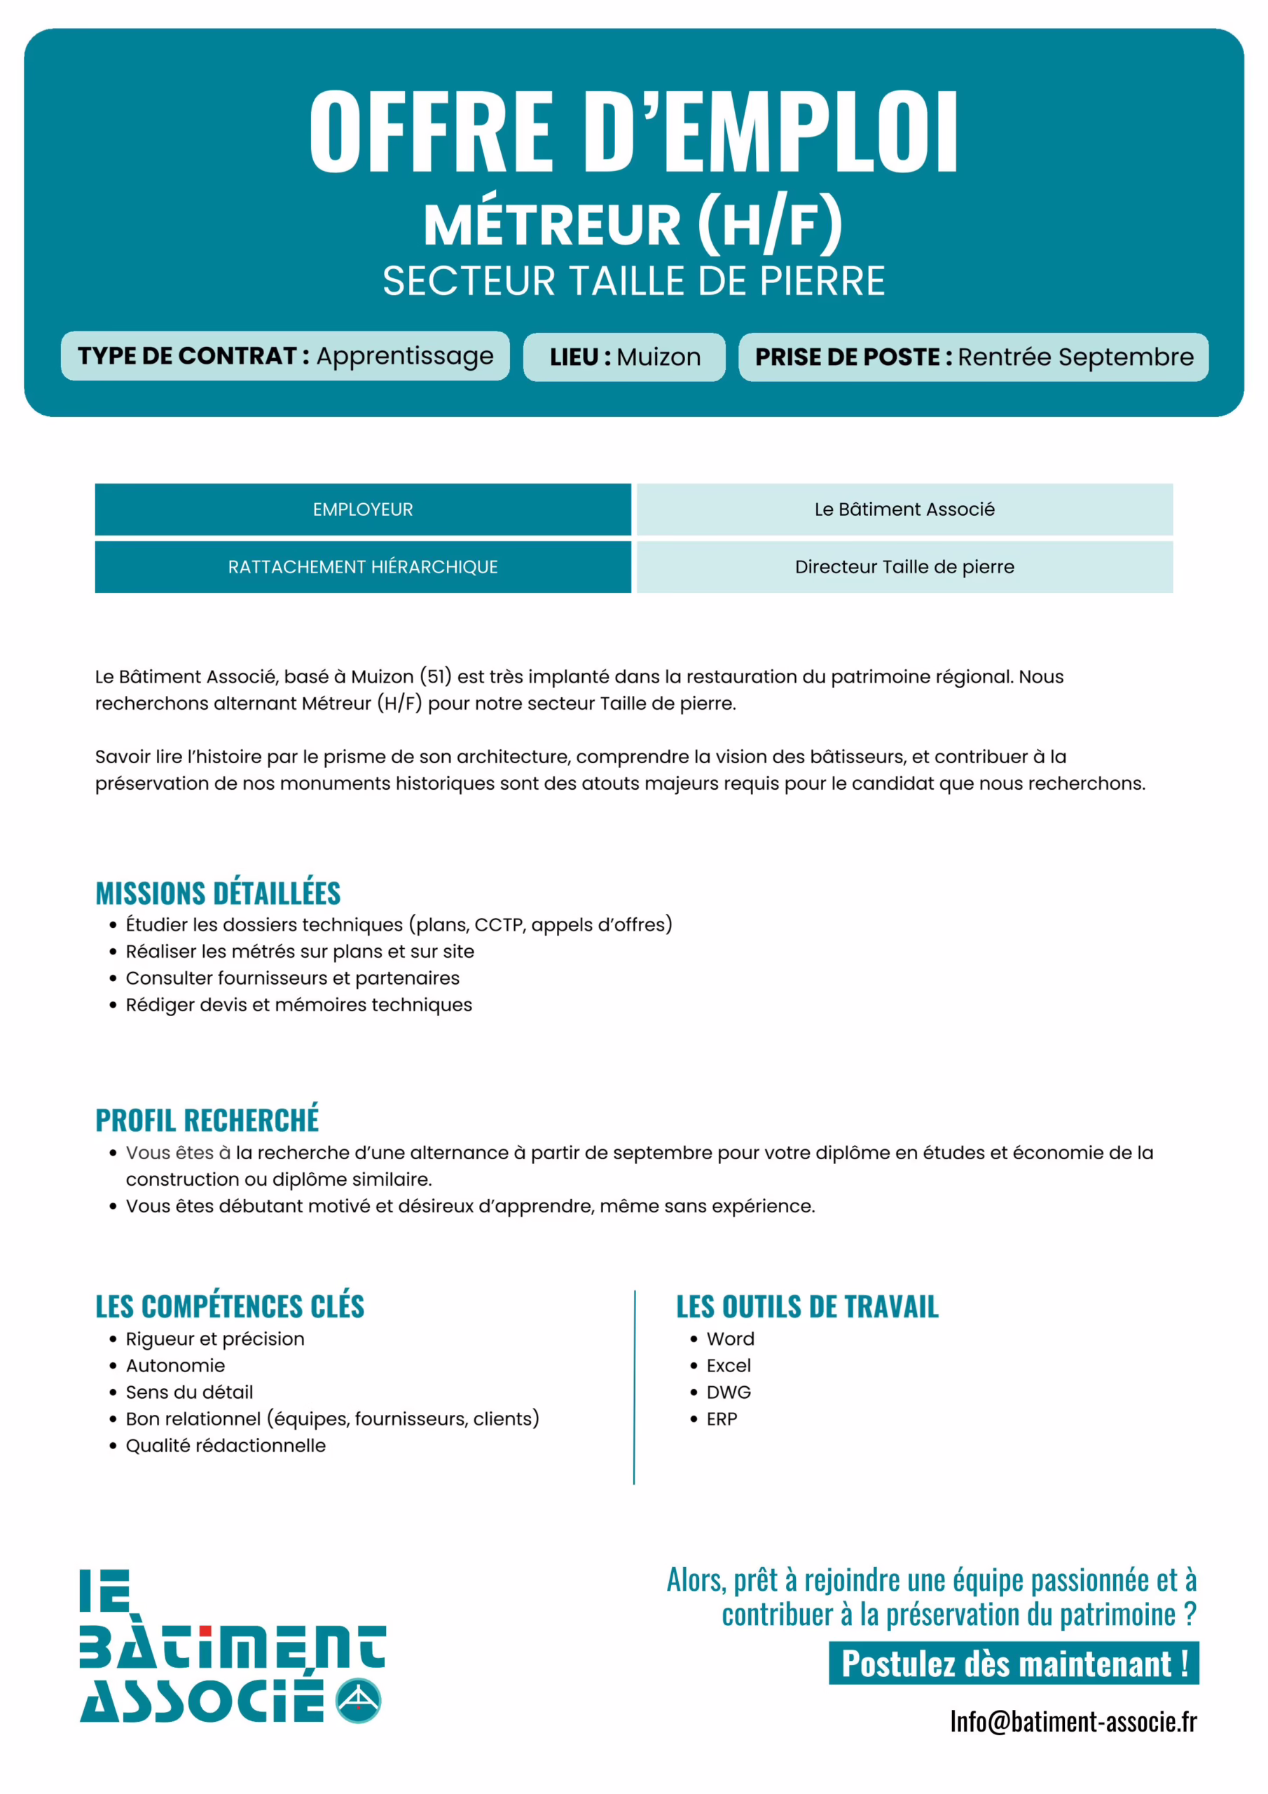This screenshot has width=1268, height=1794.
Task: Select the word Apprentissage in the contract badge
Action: point(405,356)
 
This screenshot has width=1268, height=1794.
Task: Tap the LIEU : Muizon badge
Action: point(624,357)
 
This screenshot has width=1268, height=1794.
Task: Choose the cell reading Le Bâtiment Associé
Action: point(904,509)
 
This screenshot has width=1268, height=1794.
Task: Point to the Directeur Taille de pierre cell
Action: point(904,566)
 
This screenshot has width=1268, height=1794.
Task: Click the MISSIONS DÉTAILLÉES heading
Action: point(218,893)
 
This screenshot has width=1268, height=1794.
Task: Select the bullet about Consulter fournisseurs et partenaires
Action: point(292,978)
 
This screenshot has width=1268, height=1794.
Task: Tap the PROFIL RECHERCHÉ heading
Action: point(207,1120)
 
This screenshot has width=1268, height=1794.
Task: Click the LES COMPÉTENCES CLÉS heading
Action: point(230,1306)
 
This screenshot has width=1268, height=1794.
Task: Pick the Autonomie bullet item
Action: point(175,1365)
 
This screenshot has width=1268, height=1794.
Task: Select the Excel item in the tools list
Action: point(728,1365)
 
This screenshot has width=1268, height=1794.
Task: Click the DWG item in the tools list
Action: point(728,1392)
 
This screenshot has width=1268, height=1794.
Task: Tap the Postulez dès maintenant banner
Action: point(1013,1664)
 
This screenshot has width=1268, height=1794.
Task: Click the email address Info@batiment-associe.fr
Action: point(1073,1721)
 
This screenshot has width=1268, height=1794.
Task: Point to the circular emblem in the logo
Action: point(358,1700)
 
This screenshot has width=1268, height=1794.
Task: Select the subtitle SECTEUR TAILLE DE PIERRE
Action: point(633,281)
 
